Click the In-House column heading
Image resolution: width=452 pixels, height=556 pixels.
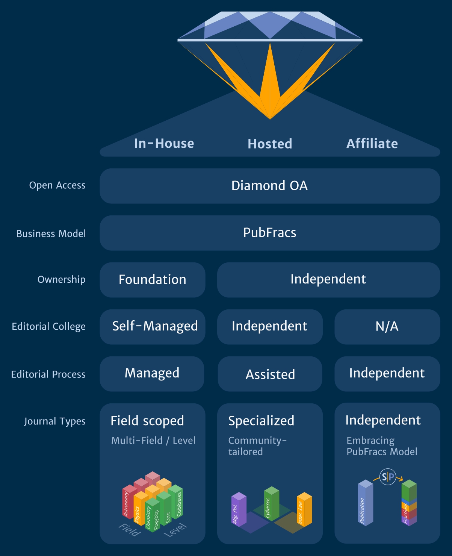pyautogui.click(x=164, y=143)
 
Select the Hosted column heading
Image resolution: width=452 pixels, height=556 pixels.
pyautogui.click(x=270, y=144)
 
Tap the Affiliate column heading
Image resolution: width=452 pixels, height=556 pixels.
pyautogui.click(x=372, y=144)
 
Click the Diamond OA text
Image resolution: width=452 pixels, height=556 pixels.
pyautogui.click(x=269, y=186)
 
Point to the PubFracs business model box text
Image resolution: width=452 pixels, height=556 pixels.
pyautogui.click(x=269, y=233)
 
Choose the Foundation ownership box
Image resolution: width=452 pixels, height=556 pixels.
pyautogui.click(x=152, y=280)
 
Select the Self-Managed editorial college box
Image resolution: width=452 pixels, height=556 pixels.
pyautogui.click(x=155, y=326)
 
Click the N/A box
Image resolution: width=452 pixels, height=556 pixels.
pyautogui.click(x=387, y=326)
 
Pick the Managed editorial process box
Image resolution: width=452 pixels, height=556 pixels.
pyautogui.click(x=152, y=373)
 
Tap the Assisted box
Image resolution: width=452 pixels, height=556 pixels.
pyautogui.click(x=270, y=374)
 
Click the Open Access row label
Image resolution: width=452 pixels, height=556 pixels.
pyautogui.click(x=57, y=185)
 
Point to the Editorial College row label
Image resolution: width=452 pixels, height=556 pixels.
pyautogui.click(x=48, y=326)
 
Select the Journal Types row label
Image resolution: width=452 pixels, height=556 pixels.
pyautogui.click(x=55, y=421)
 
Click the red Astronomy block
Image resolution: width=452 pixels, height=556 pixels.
pyautogui.click(x=128, y=502)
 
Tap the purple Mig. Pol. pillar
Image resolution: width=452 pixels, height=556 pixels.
pyautogui.click(x=238, y=509)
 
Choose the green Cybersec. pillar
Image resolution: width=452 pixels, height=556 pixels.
pyautogui.click(x=271, y=504)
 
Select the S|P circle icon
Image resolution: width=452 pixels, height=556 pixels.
pyautogui.click(x=388, y=477)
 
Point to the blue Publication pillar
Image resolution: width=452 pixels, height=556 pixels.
pyautogui.click(x=365, y=504)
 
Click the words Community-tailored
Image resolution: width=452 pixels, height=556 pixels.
pyautogui.click(x=257, y=446)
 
